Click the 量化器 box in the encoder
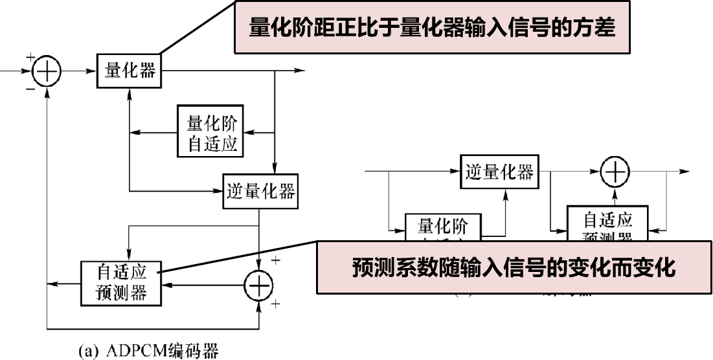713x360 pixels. click(130, 71)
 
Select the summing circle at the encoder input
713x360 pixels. click(46, 71)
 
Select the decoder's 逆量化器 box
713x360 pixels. click(499, 172)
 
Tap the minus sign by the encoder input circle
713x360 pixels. click(30, 89)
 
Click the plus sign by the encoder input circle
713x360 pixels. click(30, 58)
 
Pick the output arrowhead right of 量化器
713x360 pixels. click(299, 70)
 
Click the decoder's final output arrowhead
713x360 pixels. click(683, 172)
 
